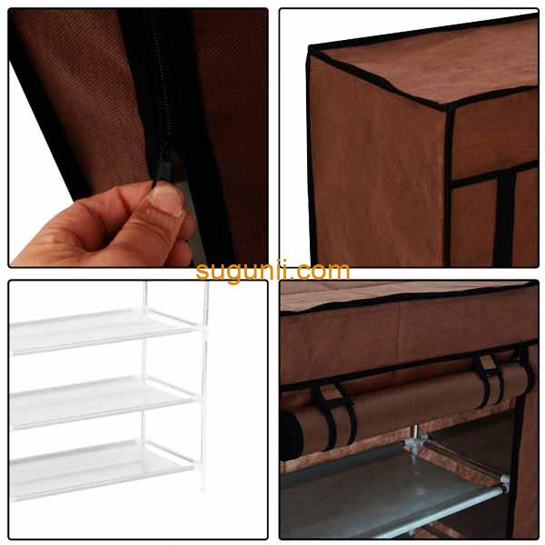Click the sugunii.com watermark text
click(x=272, y=270)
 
